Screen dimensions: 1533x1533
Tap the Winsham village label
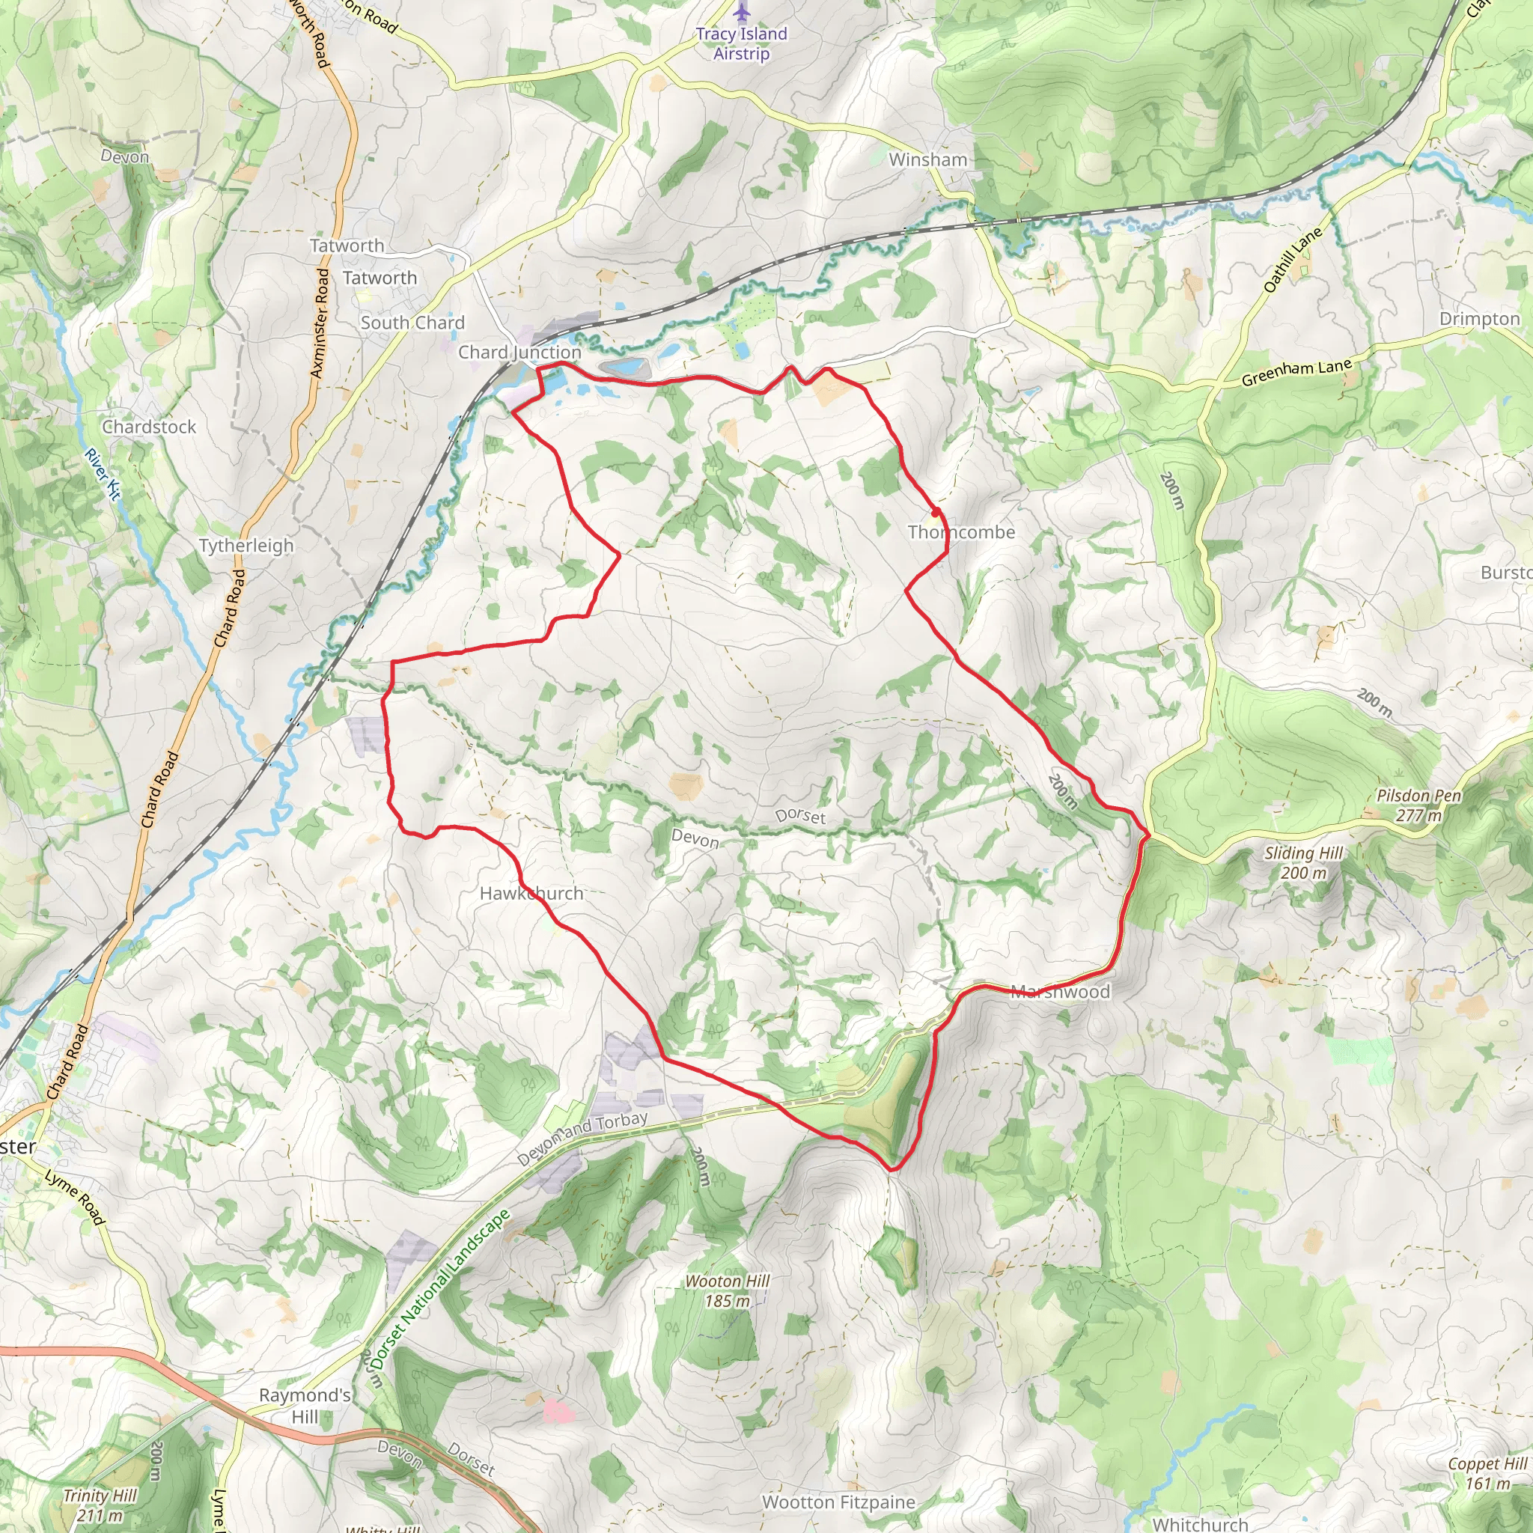(x=927, y=159)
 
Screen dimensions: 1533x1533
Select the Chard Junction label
(x=519, y=352)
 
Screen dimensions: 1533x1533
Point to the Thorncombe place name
(x=961, y=531)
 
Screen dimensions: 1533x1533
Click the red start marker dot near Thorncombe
(x=936, y=512)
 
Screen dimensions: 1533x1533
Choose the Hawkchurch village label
(x=531, y=893)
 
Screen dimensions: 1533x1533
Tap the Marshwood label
(x=1060, y=991)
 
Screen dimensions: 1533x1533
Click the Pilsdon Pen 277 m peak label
(x=1418, y=805)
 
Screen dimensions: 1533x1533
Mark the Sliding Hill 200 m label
(x=1303, y=862)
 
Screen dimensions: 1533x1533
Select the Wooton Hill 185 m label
(x=727, y=1290)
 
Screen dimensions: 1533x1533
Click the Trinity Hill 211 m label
(x=100, y=1505)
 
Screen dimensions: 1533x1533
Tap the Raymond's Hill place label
(x=305, y=1405)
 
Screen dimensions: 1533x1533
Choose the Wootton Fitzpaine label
(x=838, y=1502)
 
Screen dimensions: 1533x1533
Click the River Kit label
(x=103, y=474)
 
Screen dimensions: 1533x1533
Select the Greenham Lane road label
(x=1296, y=372)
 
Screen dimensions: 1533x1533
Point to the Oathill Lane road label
(x=1293, y=260)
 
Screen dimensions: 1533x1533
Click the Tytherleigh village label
(x=246, y=545)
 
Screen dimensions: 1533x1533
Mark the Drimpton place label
(x=1479, y=318)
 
